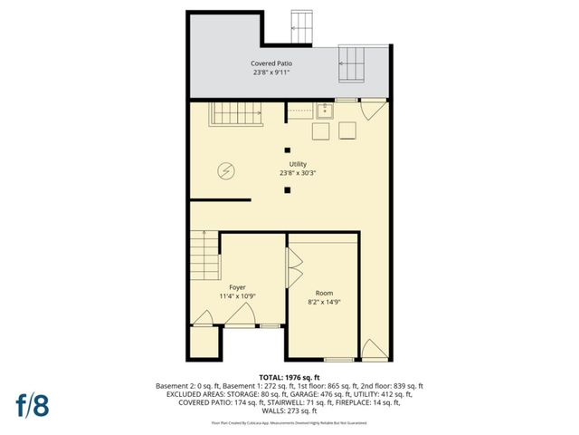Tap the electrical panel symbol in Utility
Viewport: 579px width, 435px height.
tap(227, 169)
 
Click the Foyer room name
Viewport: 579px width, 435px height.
tap(237, 286)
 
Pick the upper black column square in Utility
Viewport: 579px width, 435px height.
tap(287, 150)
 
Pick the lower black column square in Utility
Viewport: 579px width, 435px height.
tap(287, 189)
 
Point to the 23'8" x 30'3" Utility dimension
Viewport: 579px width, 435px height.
tap(297, 173)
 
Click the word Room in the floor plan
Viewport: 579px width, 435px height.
tap(324, 293)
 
